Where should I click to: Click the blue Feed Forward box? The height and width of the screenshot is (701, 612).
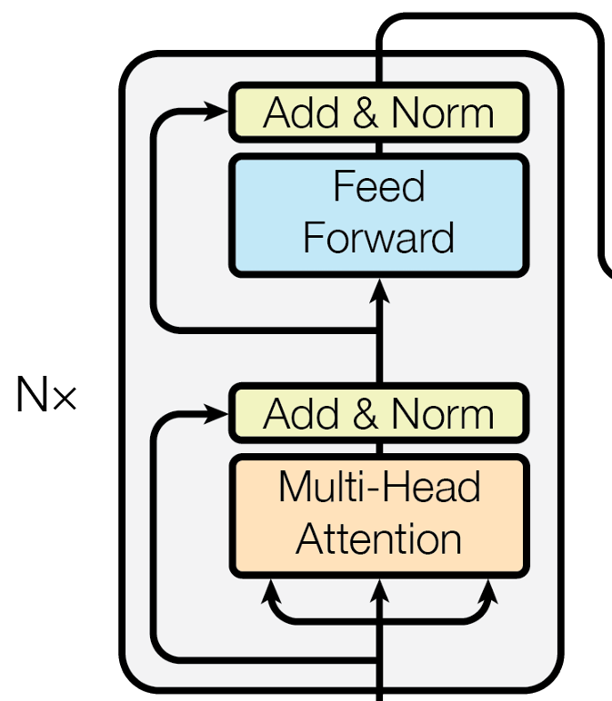point(378,215)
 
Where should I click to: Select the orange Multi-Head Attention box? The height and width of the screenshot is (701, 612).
point(378,516)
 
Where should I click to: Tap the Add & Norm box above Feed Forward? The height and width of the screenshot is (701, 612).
point(378,113)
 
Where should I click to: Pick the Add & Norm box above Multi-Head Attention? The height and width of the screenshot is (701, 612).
point(378,414)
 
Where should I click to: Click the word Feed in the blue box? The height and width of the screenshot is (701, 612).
point(378,187)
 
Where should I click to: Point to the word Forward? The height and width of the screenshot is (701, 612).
point(378,238)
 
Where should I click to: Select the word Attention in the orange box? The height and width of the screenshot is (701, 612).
point(378,539)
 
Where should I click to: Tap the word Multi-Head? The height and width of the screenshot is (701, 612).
point(378,488)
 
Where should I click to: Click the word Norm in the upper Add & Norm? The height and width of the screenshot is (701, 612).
point(443,114)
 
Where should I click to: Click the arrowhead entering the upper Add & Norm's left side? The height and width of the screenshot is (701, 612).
point(218,113)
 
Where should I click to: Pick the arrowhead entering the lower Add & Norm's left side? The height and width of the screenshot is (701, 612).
point(218,414)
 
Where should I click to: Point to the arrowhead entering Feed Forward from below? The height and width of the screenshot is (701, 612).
point(379,289)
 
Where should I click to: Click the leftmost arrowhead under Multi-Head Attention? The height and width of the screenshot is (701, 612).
point(269,591)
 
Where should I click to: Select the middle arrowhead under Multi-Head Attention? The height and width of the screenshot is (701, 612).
point(379,591)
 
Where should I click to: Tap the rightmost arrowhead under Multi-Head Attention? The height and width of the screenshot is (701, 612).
point(489,591)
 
